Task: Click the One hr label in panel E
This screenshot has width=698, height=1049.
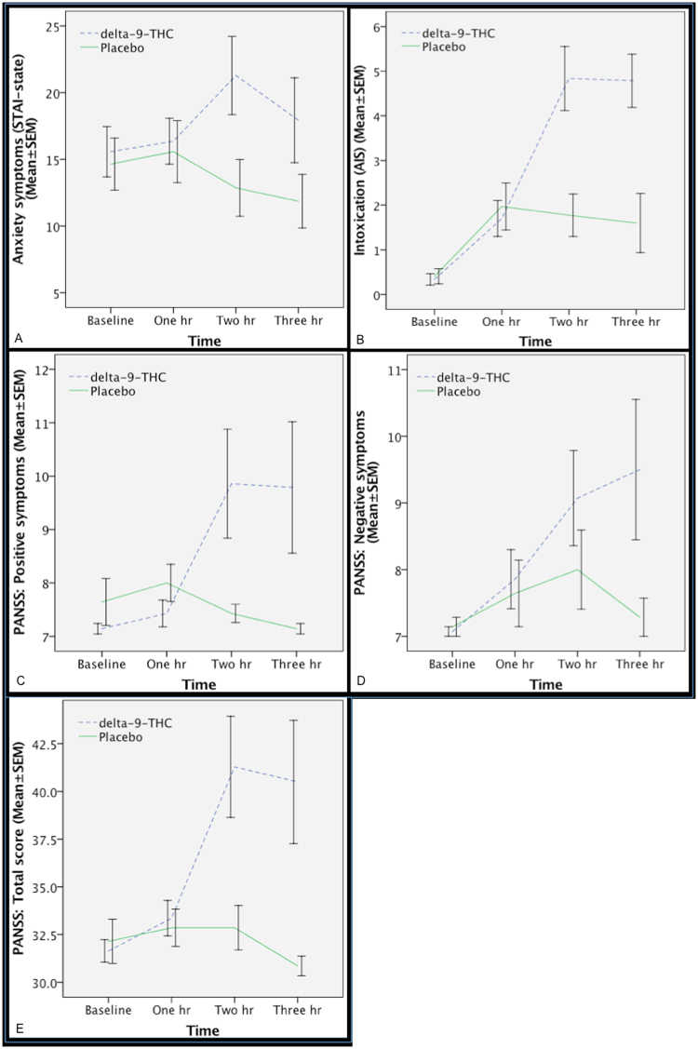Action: click(172, 1010)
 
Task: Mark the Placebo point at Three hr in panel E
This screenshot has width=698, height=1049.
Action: click(295, 966)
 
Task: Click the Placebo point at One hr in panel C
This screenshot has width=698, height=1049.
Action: click(167, 583)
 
